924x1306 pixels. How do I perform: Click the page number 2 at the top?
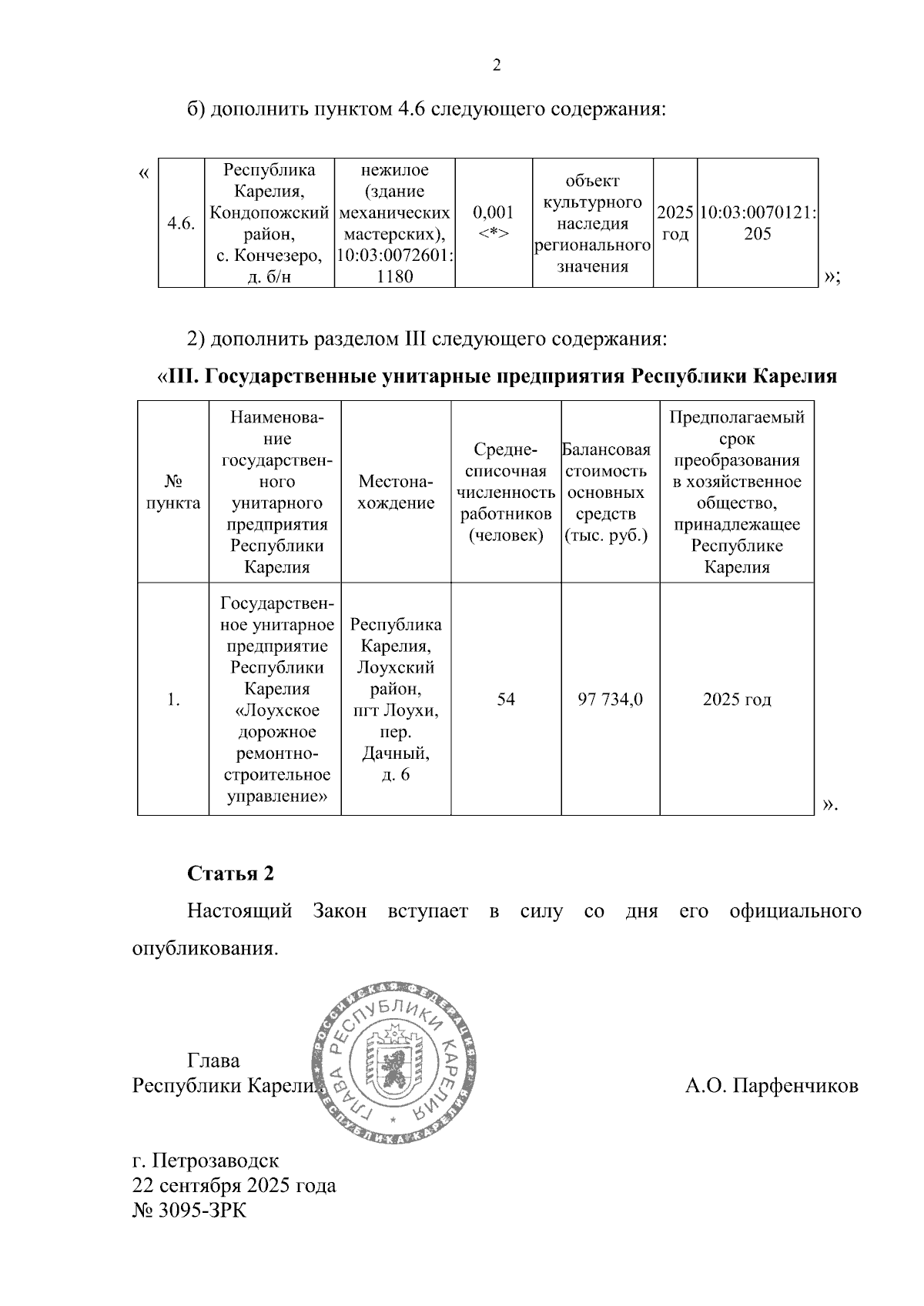click(497, 65)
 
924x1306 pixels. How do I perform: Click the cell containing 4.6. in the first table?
click(181, 223)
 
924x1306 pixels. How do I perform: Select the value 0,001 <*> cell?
click(493, 222)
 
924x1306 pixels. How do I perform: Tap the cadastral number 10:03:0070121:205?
click(758, 223)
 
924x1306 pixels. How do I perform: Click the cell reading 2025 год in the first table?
click(675, 223)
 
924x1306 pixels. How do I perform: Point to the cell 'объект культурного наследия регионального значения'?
click(593, 223)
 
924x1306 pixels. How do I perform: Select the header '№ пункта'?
click(173, 493)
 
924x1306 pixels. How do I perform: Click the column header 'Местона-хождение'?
click(396, 493)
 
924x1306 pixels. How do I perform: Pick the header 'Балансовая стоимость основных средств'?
click(610, 493)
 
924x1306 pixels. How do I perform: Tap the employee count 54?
click(506, 699)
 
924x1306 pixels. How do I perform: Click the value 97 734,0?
click(610, 699)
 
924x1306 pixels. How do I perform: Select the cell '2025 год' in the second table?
click(737, 699)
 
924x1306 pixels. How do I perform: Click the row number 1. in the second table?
click(173, 699)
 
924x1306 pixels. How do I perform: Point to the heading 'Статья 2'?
click(230, 873)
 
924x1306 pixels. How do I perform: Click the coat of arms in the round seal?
click(395, 1065)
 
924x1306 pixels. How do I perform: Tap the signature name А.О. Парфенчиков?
click(772, 1086)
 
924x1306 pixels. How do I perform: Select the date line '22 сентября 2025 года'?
click(234, 1185)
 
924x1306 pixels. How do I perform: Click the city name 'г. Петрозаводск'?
click(206, 1160)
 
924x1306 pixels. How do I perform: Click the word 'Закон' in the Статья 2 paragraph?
click(340, 911)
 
